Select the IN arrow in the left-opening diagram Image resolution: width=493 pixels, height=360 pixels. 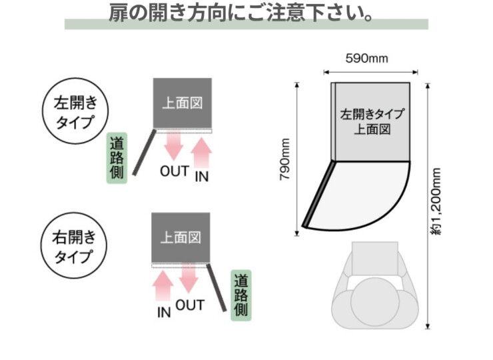click(x=203, y=152)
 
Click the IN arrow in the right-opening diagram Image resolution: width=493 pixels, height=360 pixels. click(x=163, y=285)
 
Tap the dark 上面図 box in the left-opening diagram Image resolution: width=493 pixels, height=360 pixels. click(x=183, y=103)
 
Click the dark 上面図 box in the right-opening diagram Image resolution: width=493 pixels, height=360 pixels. click(x=181, y=237)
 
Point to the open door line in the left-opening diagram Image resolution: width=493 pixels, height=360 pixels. click(x=144, y=153)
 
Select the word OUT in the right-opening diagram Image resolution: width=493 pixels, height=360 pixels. click(x=190, y=305)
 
